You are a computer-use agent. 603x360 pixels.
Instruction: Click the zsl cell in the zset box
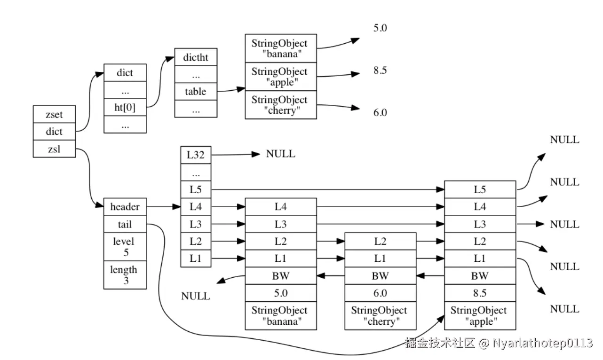coord(54,149)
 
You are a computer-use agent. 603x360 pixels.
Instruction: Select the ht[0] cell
coord(125,107)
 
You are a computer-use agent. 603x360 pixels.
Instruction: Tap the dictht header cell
coord(196,57)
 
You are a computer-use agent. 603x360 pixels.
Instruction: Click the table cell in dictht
coord(196,92)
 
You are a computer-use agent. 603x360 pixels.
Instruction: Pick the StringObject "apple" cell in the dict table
coord(281,77)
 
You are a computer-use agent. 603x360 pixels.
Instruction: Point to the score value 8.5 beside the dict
coord(380,70)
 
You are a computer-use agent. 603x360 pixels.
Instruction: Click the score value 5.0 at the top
coord(380,28)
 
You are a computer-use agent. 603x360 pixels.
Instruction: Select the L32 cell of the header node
coord(196,155)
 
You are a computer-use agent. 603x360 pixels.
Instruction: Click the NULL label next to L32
coord(280,154)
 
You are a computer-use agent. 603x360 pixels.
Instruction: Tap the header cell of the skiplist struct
coord(125,207)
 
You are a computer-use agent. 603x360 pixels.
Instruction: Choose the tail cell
coord(125,224)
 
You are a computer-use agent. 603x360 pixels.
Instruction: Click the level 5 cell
coord(125,247)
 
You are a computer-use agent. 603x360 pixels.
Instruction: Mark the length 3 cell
coord(125,275)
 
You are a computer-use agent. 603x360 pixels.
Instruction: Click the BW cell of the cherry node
coord(381,276)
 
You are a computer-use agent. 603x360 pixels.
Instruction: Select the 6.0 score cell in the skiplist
coord(381,293)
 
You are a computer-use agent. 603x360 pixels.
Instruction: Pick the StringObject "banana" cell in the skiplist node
coord(281,316)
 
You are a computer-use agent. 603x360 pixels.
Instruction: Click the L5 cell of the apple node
coord(480,189)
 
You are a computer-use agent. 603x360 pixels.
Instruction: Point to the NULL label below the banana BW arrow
coord(196,296)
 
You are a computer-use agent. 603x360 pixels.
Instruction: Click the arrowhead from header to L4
coord(176,207)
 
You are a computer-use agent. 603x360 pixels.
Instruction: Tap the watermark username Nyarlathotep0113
coord(543,343)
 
